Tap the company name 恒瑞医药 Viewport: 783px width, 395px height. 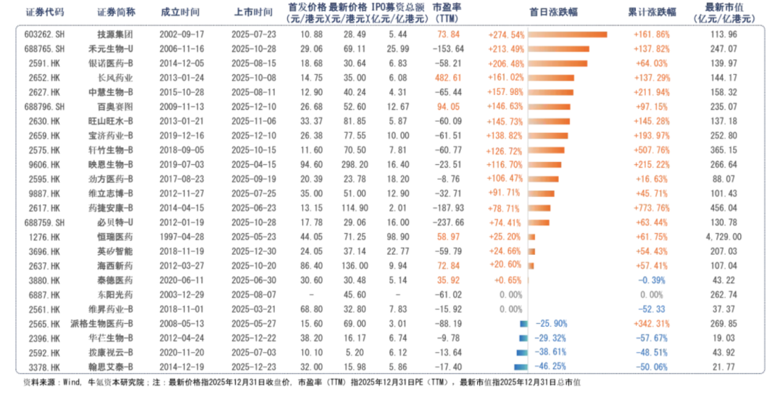pyautogui.click(x=115, y=237)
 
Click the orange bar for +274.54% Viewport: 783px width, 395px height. pyautogui.click(x=568, y=34)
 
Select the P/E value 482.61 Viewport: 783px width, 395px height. pyautogui.click(x=447, y=76)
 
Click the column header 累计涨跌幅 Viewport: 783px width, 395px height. pyautogui.click(x=652, y=13)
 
